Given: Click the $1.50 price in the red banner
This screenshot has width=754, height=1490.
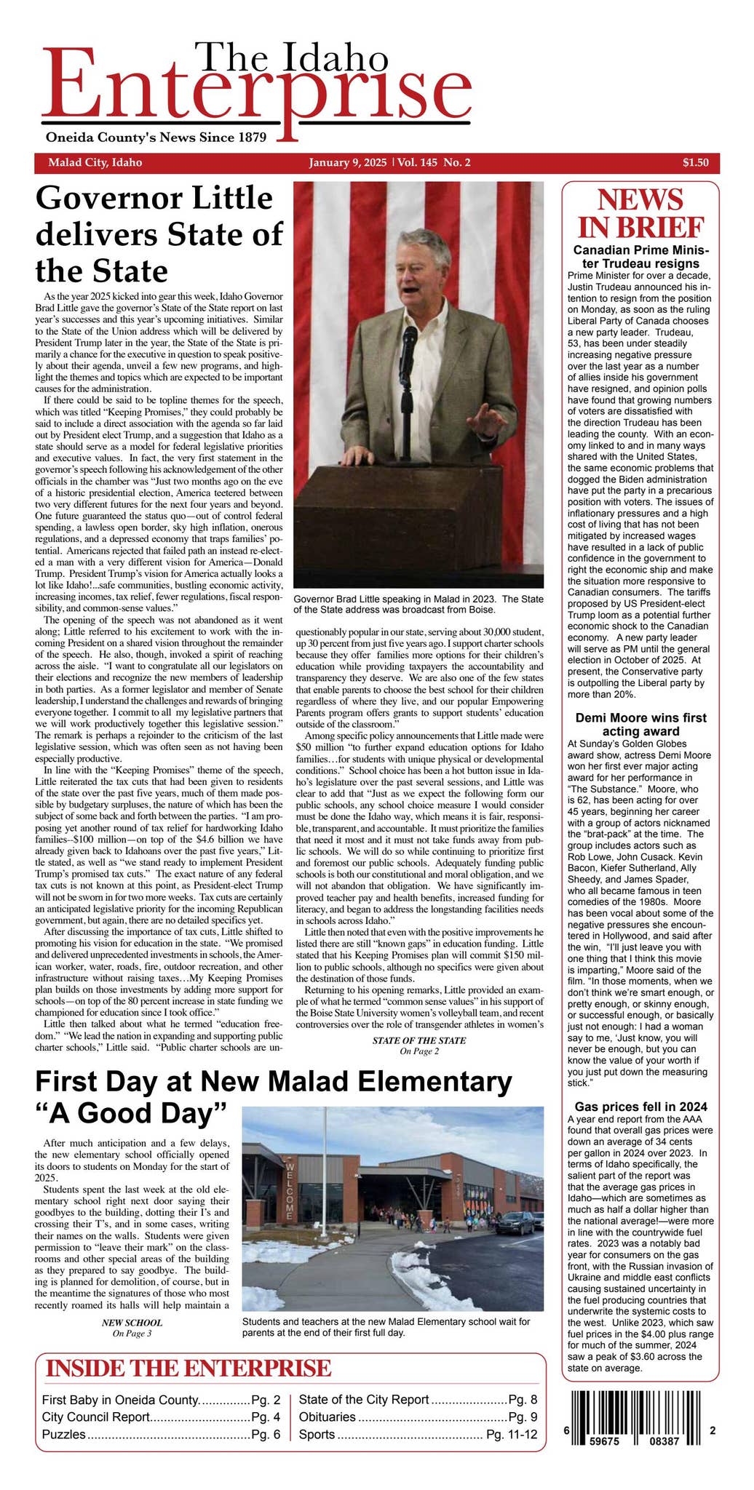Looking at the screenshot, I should [695, 162].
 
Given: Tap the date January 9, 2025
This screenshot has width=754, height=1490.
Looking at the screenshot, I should [348, 162].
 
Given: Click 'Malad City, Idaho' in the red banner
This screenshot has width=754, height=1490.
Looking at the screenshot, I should [95, 162].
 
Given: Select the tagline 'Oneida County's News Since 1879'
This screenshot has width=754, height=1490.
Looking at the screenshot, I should [156, 138].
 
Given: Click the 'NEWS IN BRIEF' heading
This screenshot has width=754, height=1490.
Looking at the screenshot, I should [640, 213].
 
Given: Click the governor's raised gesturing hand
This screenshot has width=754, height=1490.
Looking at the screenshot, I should [485, 420].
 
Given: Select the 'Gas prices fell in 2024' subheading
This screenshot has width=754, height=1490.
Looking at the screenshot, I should [640, 1107].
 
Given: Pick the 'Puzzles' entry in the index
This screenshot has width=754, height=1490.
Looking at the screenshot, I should [64, 1435].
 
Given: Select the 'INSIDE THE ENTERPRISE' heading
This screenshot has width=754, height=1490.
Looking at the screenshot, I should [188, 1368].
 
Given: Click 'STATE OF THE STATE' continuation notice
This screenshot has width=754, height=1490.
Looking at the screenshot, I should [418, 1040].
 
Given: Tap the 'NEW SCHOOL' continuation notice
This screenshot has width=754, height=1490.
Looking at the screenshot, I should [132, 1323].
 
